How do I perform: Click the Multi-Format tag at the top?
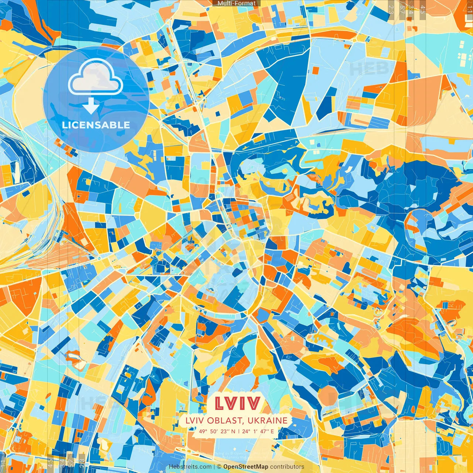(236, 3)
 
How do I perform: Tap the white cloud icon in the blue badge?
(95, 77)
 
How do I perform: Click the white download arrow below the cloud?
(91, 106)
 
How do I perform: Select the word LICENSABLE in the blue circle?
(96, 125)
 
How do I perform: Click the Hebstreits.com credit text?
(190, 467)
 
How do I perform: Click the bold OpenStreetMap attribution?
(246, 467)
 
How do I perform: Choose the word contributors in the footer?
(287, 467)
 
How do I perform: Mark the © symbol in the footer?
(219, 467)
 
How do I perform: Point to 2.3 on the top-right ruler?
(391, 9)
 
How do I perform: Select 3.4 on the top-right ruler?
(411, 9)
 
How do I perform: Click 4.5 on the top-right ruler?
(423, 9)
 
